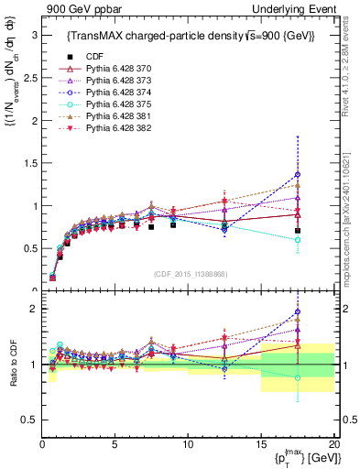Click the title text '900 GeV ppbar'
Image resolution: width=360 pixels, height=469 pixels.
[x=76, y=8]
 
